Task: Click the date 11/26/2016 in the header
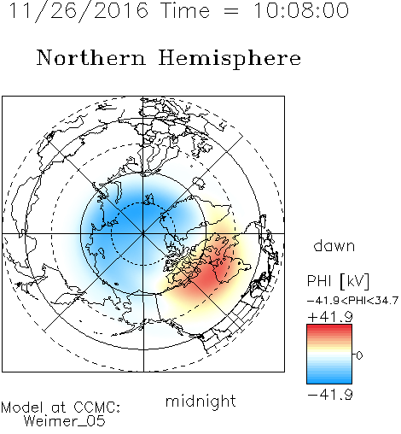click(78, 10)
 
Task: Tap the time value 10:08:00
click(301, 10)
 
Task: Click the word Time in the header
click(185, 10)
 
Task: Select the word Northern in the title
click(91, 57)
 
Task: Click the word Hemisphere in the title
click(230, 59)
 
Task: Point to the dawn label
click(334, 245)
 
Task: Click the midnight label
click(200, 402)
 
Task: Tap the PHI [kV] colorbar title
click(338, 281)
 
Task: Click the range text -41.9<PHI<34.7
click(352, 301)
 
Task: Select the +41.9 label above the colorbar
click(330, 317)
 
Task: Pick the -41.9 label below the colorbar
click(330, 395)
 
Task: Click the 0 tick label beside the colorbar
click(359, 355)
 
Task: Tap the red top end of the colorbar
click(329, 327)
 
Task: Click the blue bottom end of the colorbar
click(329, 381)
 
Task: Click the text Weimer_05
click(65, 421)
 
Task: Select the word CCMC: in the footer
click(97, 408)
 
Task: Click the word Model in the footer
click(22, 408)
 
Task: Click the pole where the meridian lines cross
click(143, 233)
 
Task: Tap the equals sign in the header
click(231, 11)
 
